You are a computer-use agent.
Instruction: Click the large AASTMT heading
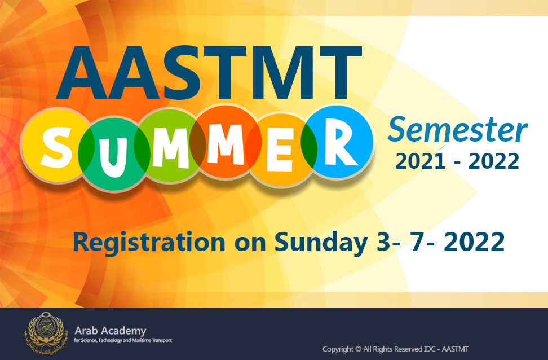209,73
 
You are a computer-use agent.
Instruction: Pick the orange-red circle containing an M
226,141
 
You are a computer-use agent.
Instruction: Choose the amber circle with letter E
281,150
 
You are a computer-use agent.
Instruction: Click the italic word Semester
457,130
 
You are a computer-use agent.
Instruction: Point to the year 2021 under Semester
421,161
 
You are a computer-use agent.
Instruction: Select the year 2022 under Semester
493,161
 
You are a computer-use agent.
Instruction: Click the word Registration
149,242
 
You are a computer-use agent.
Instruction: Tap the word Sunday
321,242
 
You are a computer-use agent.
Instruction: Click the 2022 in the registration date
474,242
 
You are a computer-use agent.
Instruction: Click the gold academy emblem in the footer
45,333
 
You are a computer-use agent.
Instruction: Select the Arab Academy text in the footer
111,331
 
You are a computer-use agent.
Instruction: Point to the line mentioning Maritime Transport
123,340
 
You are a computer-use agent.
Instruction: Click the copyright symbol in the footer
358,349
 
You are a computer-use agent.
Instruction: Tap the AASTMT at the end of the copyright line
455,349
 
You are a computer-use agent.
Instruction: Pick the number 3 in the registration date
384,242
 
